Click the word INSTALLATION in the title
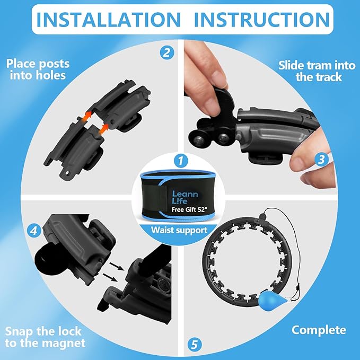click(108, 20)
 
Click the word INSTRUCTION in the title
click(262, 20)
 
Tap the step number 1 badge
click(181, 161)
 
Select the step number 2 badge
click(167, 53)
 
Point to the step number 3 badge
click(321, 159)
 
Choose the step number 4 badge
click(34, 230)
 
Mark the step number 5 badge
click(195, 345)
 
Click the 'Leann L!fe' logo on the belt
click(185, 197)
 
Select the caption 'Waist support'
click(179, 230)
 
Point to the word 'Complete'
click(319, 330)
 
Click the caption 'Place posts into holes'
click(38, 69)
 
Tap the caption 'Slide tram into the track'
click(317, 71)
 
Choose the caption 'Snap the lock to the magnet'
click(45, 337)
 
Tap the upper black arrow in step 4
click(117, 267)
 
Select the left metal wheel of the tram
click(199, 140)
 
